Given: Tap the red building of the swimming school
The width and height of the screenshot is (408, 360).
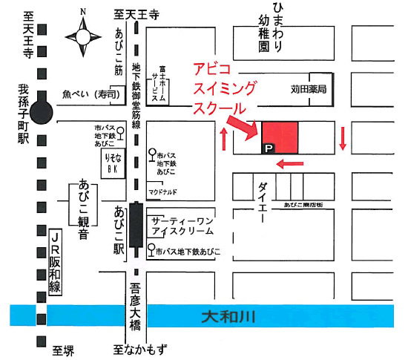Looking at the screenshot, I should coord(280,137).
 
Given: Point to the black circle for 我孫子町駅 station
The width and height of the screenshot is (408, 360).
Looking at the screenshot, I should coord(42,113).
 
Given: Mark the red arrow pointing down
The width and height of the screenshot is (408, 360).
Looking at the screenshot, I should coord(343,137).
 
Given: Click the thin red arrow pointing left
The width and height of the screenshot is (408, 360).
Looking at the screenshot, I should coord(289,164).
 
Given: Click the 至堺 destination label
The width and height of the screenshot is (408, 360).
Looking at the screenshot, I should coord(64,348).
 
